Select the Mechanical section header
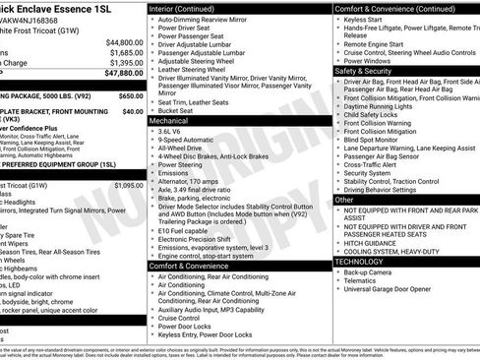(170, 120)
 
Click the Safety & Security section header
(363, 71)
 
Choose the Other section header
(344, 200)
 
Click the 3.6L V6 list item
(173, 131)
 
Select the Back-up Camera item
(370, 272)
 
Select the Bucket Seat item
(177, 110)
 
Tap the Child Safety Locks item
(375, 116)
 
